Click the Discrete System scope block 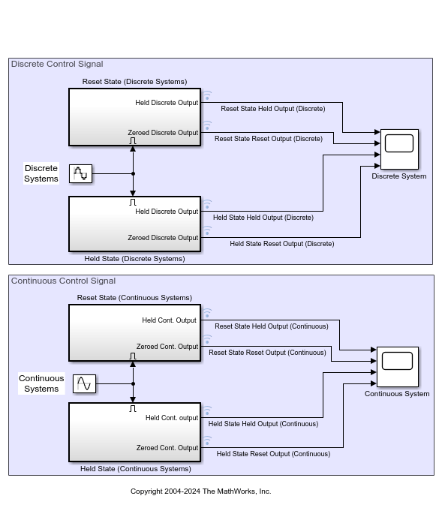click(399, 149)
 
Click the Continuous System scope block click(397, 366)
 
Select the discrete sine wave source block click(80, 174)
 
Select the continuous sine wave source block click(84, 384)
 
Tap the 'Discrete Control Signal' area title click(57, 65)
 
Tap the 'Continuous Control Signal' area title click(63, 281)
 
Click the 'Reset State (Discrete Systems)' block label click(134, 82)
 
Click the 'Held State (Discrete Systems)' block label click(134, 259)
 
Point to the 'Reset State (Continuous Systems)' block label click(134, 298)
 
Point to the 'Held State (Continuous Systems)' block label click(135, 469)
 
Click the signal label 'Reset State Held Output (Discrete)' click(272, 109)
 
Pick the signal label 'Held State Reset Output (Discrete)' click(281, 244)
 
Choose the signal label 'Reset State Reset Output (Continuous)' click(267, 353)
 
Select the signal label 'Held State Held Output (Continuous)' click(265, 424)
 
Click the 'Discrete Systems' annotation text click(41, 173)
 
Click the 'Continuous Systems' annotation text click(41, 383)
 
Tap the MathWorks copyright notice click(200, 491)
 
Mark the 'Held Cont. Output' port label click(169, 320)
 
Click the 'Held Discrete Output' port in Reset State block click(167, 103)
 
